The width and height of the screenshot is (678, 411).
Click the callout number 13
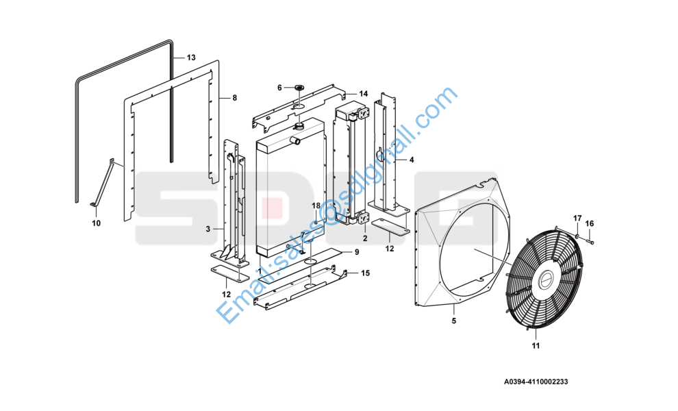coord(191,58)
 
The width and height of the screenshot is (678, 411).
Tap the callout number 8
coord(235,98)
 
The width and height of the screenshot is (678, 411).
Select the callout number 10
coord(96,223)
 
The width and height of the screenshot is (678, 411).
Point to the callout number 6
coord(279,88)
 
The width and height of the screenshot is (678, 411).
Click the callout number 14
coord(363,94)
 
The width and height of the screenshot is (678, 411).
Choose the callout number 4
coord(412,160)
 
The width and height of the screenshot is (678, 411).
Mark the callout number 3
coord(208,229)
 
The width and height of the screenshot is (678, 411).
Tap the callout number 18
coord(316,206)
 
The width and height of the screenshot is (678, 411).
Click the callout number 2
coord(365,238)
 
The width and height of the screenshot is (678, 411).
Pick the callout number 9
coord(357,252)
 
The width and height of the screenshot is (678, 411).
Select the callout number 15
coord(366,273)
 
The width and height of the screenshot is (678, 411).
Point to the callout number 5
coord(454,321)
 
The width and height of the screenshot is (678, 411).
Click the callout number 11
coord(536,346)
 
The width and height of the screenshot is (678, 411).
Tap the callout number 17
coord(578,219)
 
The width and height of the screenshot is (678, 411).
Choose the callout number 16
coord(590,224)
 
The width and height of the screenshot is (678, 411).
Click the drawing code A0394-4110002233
coord(536,382)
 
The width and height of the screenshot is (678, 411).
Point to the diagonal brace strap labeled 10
coord(103,184)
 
